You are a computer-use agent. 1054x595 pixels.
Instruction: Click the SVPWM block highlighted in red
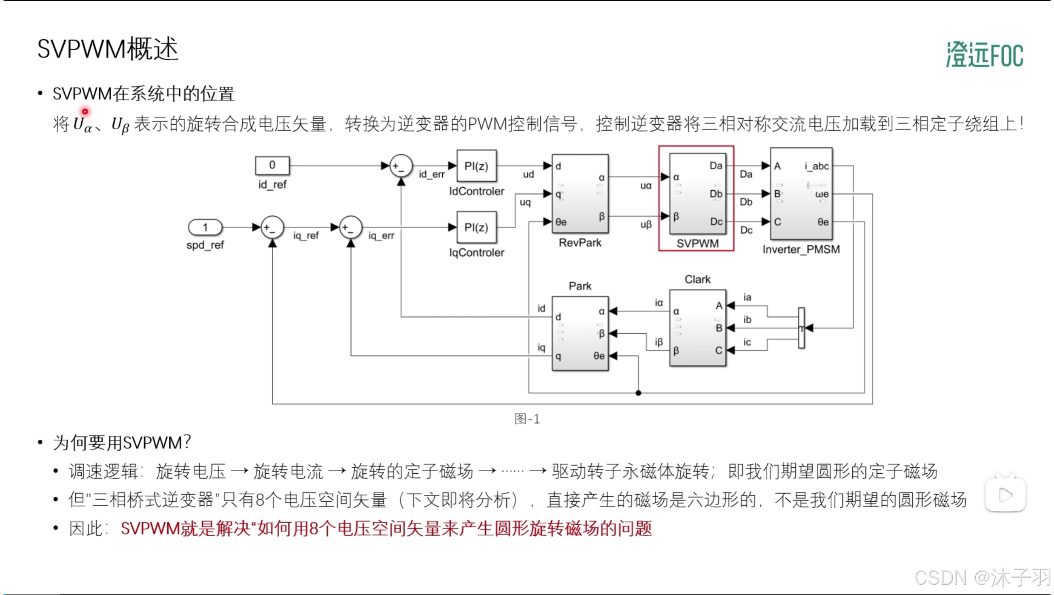coord(697,194)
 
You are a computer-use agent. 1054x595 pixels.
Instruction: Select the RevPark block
coord(580,194)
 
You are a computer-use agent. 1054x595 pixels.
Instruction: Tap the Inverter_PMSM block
coord(801,194)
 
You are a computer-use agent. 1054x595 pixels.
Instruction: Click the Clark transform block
coord(697,328)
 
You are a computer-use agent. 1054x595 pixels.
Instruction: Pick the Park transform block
coord(580,333)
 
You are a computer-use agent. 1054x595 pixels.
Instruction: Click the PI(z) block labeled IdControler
coord(476,166)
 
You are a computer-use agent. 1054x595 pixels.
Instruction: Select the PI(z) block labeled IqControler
coord(476,227)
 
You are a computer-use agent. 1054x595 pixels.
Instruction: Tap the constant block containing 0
coord(272,165)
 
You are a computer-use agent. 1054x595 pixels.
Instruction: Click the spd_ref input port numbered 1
coord(205,227)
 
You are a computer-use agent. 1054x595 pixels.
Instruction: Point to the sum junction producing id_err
coord(401,166)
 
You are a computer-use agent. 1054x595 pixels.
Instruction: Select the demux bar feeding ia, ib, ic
coord(801,328)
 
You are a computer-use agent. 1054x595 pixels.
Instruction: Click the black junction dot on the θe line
coord(638,393)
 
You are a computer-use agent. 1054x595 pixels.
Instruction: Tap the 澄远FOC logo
coord(984,55)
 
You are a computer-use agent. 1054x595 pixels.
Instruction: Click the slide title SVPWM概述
coord(107,49)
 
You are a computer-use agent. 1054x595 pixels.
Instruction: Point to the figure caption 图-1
coord(527,419)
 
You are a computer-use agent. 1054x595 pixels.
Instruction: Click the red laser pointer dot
coord(85,112)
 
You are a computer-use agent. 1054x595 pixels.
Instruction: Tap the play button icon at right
coord(1005,495)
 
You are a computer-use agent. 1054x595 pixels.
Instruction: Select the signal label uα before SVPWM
coord(646,186)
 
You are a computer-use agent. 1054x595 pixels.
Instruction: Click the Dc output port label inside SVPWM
coord(716,222)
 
